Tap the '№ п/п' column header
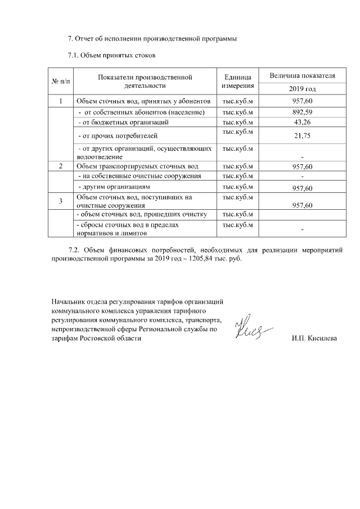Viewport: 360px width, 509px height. click(x=61, y=82)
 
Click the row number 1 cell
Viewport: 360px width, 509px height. click(x=61, y=101)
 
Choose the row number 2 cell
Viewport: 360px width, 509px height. click(x=61, y=166)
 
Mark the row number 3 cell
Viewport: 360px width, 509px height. click(x=61, y=201)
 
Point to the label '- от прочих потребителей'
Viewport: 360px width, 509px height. click(x=116, y=136)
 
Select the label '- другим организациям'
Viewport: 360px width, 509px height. click(x=114, y=187)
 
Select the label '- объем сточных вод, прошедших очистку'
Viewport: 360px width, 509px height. click(x=143, y=215)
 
